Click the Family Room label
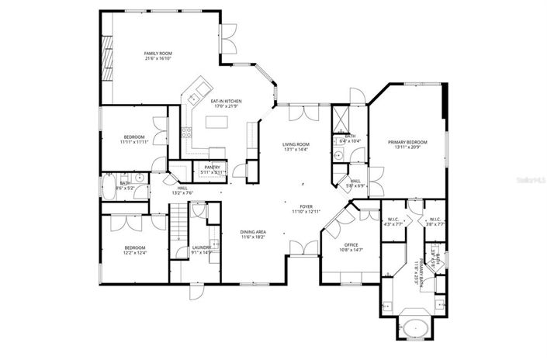point(157,55)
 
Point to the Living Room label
point(296,147)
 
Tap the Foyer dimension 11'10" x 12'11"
point(306,211)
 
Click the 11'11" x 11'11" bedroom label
point(134,140)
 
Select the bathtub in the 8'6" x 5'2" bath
point(108,187)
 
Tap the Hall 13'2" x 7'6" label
point(182,190)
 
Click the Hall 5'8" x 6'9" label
point(355,183)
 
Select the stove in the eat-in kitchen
point(186,133)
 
